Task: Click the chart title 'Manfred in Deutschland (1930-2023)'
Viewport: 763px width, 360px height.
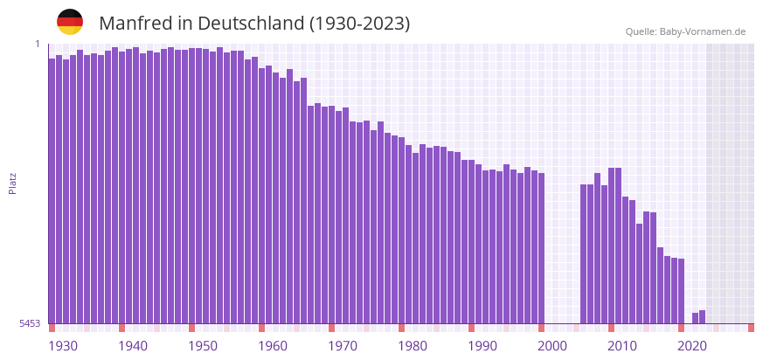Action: point(254,24)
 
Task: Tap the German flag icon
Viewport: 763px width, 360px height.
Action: point(70,22)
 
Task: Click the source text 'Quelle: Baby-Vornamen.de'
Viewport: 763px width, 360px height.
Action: point(685,31)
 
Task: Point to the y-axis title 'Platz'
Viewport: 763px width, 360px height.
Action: point(12,183)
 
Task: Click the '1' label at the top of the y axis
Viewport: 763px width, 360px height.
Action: point(38,44)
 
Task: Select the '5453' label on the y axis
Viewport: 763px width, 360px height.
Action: point(30,323)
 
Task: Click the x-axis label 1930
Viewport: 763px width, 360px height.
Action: point(63,346)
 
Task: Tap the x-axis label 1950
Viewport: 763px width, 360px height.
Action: point(203,346)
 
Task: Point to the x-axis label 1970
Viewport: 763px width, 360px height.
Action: point(343,346)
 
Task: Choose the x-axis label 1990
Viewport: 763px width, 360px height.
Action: point(482,346)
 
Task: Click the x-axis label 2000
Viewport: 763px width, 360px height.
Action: point(552,346)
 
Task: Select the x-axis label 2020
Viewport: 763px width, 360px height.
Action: point(692,346)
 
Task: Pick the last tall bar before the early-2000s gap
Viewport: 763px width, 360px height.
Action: point(542,248)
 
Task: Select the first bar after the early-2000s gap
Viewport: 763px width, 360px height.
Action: point(584,253)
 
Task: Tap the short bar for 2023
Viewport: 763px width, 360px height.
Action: point(703,317)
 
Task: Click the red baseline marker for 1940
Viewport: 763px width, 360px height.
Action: point(122,328)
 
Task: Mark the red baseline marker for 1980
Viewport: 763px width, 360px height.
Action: point(402,328)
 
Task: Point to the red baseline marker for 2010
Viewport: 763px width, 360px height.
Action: point(612,328)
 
